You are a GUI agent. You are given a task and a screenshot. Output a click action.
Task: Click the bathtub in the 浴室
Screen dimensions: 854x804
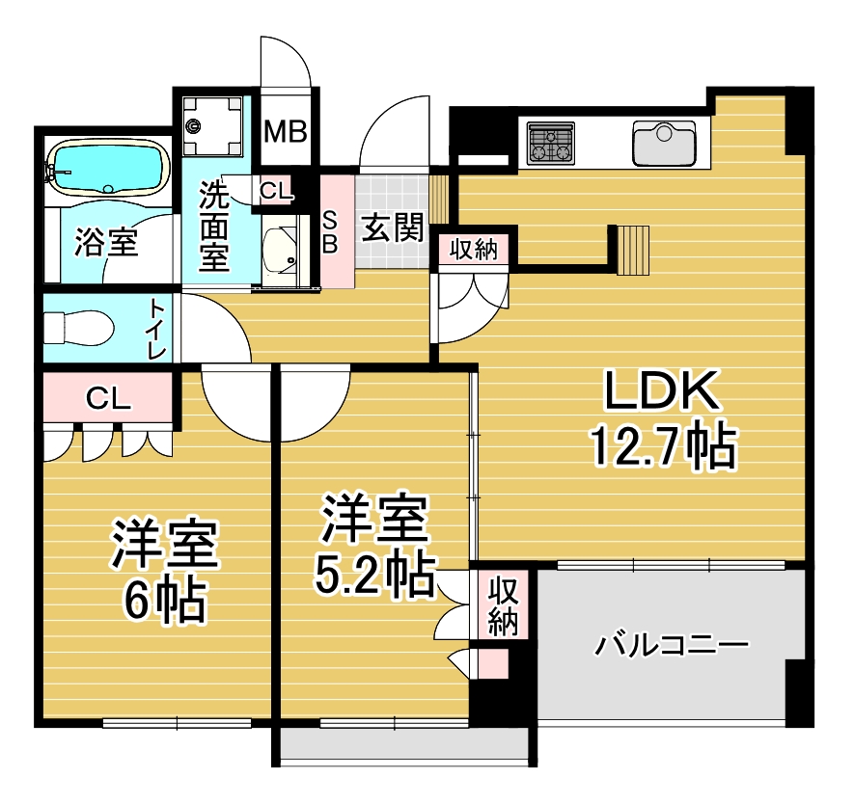pos(108,168)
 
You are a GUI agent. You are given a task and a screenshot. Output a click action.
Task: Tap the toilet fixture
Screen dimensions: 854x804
pos(79,328)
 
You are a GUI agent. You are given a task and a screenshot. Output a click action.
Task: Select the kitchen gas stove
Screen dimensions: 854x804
pos(551,144)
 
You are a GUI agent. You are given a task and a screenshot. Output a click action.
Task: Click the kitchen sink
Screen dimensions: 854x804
pos(664,143)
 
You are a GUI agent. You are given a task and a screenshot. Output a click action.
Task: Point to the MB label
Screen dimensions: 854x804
pos(286,131)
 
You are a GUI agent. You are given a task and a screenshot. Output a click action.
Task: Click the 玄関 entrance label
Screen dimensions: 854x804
pos(392,228)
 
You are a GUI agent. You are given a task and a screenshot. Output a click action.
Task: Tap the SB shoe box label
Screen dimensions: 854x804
pos(330,232)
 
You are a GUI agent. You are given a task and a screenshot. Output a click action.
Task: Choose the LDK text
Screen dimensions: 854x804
pos(661,390)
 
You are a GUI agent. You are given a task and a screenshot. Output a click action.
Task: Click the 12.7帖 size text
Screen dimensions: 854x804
pos(664,447)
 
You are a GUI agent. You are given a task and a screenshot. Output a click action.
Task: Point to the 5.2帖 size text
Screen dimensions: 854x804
pos(374,575)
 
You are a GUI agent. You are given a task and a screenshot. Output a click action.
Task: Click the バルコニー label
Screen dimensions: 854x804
pos(672,646)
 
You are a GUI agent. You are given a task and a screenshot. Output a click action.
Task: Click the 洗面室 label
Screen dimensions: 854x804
pos(214,226)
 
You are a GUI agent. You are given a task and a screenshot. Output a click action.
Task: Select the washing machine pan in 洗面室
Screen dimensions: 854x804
pos(212,125)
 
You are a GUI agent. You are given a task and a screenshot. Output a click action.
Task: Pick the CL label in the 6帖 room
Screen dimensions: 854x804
pos(108,399)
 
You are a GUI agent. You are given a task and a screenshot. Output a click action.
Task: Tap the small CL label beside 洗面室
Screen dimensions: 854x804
pos(276,190)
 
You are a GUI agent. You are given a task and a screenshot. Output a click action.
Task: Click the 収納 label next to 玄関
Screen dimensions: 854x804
pos(474,249)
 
